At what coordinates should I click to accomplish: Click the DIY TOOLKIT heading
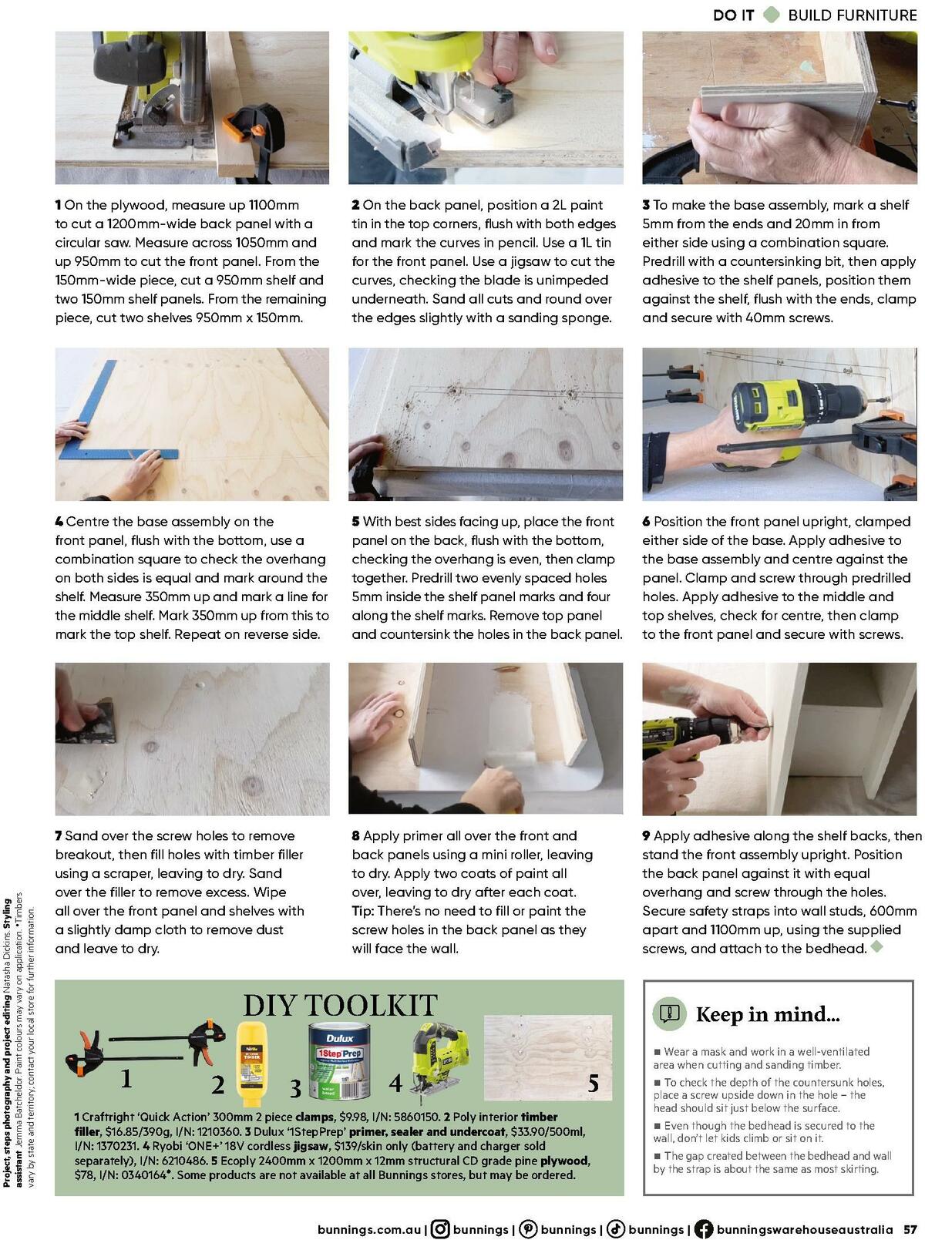340,1005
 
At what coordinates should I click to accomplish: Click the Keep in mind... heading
768,1014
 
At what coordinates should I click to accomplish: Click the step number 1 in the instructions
59,206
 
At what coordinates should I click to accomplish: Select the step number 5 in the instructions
356,522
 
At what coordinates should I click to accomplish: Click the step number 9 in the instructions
647,836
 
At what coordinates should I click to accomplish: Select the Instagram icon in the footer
441,1229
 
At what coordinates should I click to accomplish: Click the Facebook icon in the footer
703,1229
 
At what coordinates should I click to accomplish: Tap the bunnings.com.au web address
368,1229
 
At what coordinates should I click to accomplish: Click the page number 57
910,1229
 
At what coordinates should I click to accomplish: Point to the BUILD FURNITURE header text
852,15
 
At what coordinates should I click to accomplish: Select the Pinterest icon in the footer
528,1229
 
